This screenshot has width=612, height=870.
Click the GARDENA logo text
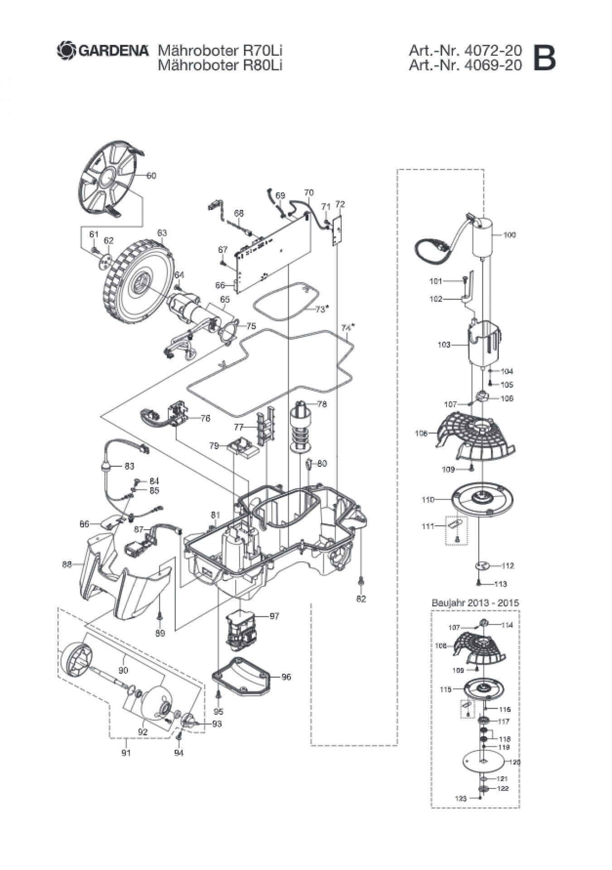[113, 50]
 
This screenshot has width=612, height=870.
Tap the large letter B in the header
[544, 58]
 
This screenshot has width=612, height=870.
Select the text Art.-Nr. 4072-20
[465, 50]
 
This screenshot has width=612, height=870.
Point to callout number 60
[151, 175]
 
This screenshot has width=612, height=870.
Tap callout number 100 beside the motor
[509, 235]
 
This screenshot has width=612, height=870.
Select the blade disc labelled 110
[484, 498]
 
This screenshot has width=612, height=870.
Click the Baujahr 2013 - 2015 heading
[475, 603]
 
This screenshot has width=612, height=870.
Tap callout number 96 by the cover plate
[286, 677]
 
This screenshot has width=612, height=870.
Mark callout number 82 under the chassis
[361, 599]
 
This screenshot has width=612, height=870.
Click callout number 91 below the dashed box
[126, 753]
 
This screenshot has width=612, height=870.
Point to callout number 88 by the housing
[67, 565]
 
